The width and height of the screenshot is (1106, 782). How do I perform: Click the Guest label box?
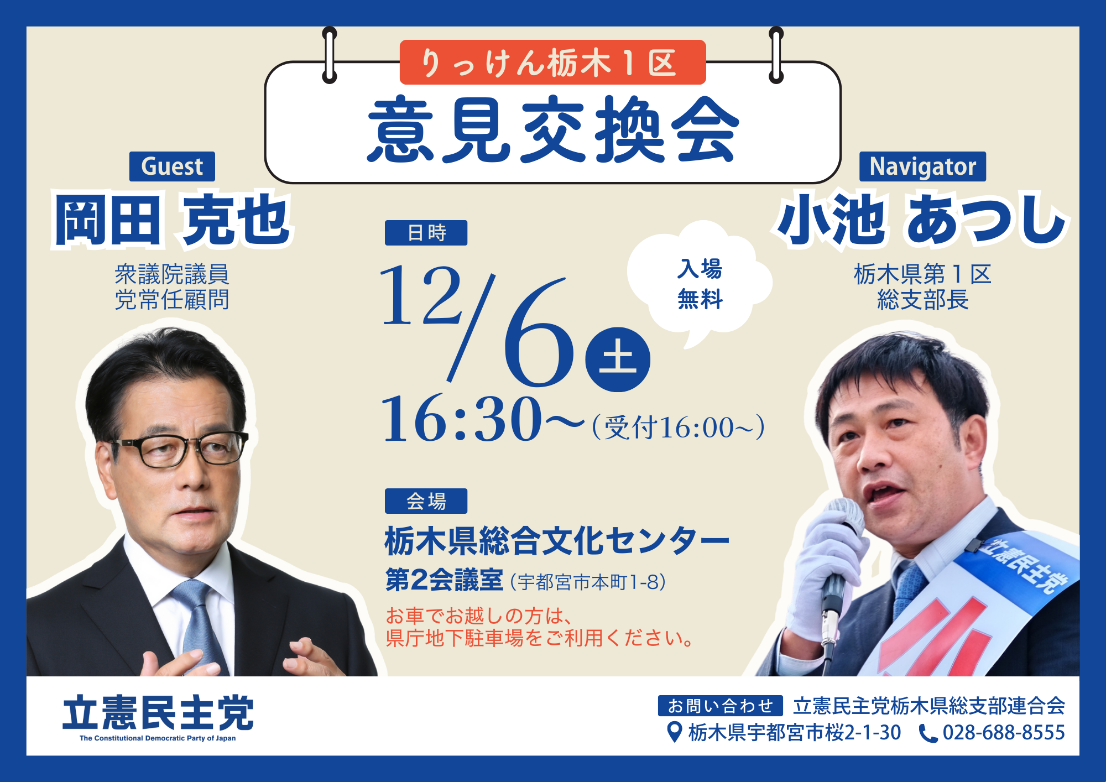click(x=172, y=166)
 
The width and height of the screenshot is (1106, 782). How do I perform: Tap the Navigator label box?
click(x=922, y=166)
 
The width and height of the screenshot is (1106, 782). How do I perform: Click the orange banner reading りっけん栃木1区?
click(x=552, y=62)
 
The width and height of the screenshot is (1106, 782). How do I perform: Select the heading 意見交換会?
click(x=553, y=129)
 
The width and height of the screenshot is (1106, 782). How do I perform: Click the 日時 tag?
click(x=426, y=233)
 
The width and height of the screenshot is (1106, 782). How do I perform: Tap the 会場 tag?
click(x=426, y=501)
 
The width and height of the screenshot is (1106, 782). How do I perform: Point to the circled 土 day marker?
click(x=618, y=359)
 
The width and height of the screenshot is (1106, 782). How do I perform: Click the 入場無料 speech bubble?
click(x=700, y=282)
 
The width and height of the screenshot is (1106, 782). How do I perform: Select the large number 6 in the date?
click(x=538, y=332)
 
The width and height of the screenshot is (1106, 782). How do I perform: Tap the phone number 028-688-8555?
click(x=1003, y=733)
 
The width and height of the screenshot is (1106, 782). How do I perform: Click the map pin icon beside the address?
click(x=674, y=732)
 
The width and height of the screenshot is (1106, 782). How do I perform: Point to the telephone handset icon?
click(x=928, y=733)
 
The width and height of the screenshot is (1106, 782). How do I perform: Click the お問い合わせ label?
click(x=720, y=706)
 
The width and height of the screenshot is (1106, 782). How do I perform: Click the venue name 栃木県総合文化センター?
click(x=557, y=540)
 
